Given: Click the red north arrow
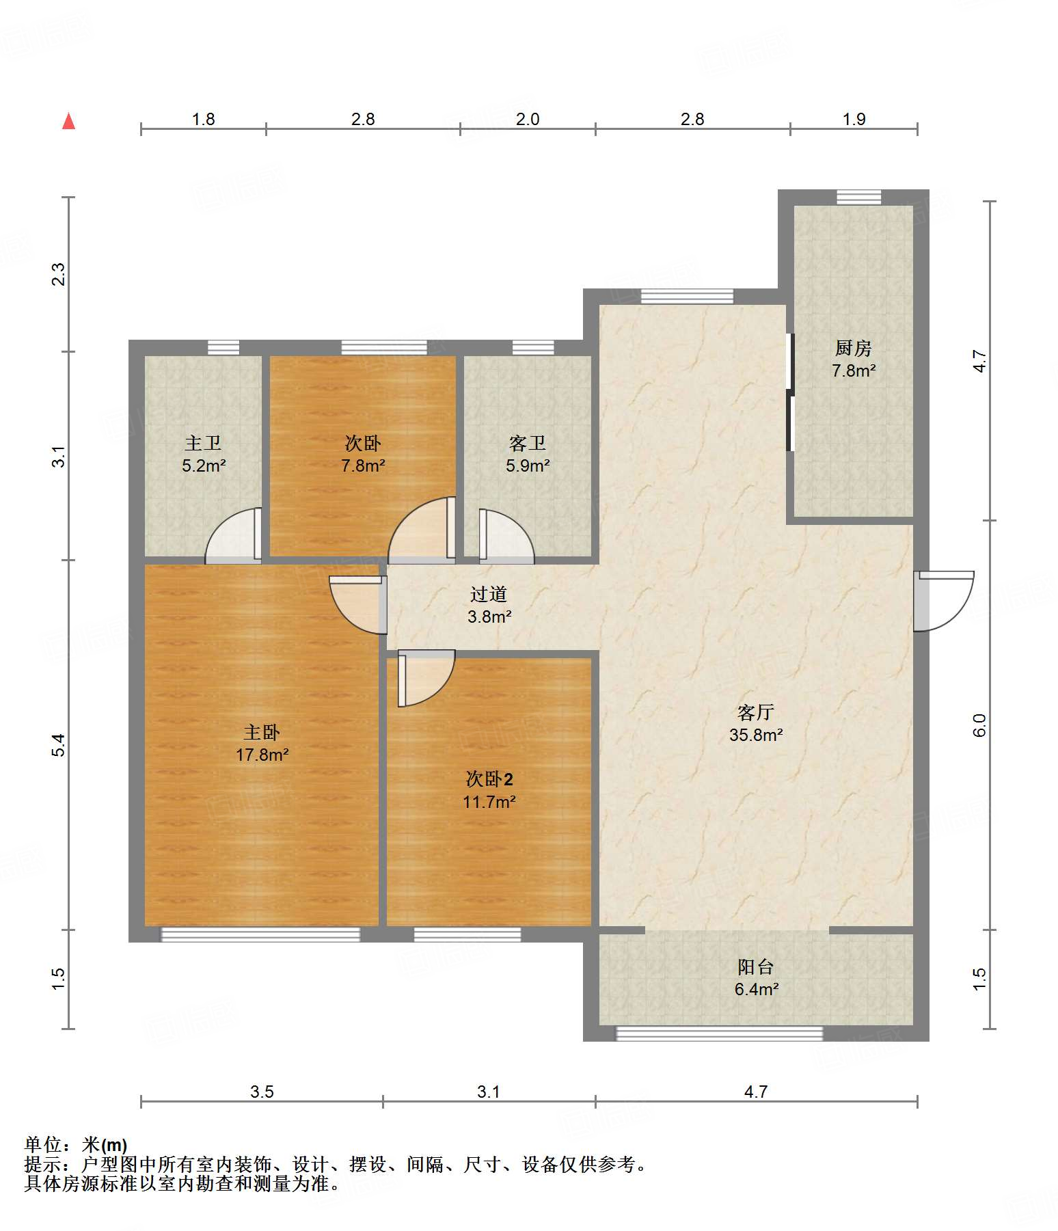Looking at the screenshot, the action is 68,121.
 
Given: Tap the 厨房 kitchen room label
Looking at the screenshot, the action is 853,349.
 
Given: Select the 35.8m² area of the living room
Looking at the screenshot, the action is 756,735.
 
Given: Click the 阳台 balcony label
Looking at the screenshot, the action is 756,967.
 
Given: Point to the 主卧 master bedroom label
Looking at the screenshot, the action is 262,733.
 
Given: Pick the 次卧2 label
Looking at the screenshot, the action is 489,779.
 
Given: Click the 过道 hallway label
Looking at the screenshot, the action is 489,595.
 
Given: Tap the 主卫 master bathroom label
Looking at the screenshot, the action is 203,444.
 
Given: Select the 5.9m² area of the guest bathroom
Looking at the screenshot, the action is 528,466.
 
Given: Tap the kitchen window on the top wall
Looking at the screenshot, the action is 859,197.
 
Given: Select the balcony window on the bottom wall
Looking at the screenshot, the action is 720,1033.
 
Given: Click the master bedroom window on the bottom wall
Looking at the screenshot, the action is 260,934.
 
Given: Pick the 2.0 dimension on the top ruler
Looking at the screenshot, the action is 528,120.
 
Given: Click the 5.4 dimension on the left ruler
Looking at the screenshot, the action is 59,745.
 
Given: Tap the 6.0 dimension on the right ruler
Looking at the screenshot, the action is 979,725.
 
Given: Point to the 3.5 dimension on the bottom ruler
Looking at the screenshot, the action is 262,1092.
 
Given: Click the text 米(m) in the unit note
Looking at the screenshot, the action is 105,1144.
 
